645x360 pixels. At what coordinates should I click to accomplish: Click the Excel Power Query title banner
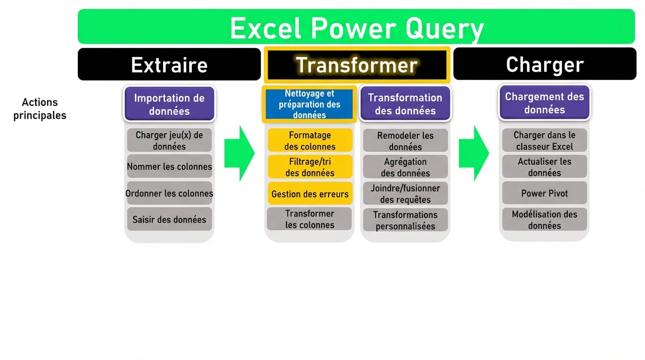(x=356, y=27)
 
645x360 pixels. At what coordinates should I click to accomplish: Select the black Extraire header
(x=169, y=64)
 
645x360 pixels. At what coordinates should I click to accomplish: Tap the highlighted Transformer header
(x=357, y=65)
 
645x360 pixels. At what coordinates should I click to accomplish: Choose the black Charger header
(x=545, y=64)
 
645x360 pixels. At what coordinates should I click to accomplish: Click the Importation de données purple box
(x=169, y=104)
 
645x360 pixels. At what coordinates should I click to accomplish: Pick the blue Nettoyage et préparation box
(x=309, y=104)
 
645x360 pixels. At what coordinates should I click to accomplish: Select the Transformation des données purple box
(x=405, y=104)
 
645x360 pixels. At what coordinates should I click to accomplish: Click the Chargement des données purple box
(x=545, y=103)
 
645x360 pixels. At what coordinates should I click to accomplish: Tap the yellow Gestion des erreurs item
(x=310, y=194)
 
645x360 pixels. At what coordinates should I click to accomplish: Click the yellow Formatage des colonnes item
(x=310, y=141)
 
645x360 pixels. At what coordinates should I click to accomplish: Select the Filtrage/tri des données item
(x=310, y=167)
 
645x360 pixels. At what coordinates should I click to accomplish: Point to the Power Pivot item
(x=545, y=193)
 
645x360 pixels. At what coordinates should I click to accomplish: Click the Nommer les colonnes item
(x=169, y=166)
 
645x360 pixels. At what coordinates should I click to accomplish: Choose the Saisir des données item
(x=169, y=219)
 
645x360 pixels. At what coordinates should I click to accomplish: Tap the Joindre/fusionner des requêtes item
(x=405, y=194)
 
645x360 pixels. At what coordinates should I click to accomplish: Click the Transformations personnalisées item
(x=405, y=220)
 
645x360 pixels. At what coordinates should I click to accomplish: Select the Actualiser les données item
(x=545, y=167)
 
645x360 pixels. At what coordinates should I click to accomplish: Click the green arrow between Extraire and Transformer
(x=239, y=153)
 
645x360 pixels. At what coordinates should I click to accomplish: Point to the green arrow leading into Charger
(x=473, y=153)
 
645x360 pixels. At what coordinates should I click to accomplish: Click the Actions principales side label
(x=40, y=109)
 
